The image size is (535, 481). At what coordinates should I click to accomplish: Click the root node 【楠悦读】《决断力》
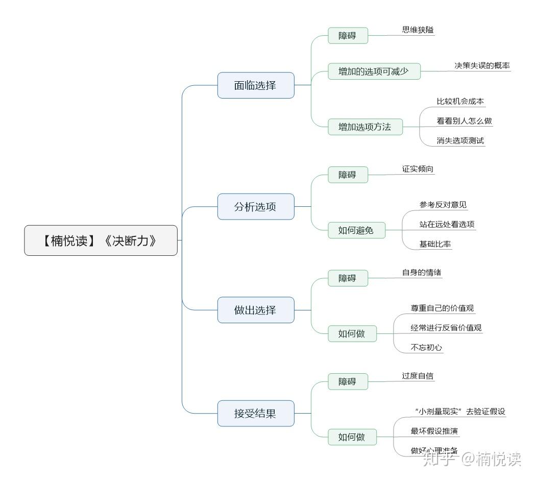click(x=101, y=240)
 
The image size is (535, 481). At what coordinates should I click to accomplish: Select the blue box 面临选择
click(x=256, y=85)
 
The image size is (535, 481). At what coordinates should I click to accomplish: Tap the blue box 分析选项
click(x=256, y=207)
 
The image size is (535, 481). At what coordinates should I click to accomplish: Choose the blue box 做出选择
click(x=256, y=310)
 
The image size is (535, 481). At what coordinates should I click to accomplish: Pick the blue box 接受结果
click(x=256, y=413)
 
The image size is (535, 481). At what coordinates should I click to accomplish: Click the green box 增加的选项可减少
click(x=374, y=71)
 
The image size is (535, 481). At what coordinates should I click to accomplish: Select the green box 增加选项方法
click(x=365, y=127)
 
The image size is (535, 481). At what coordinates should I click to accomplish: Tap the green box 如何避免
click(x=356, y=230)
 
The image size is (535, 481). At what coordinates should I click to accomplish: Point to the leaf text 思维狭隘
click(x=418, y=30)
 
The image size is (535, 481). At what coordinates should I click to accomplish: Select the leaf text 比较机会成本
click(x=460, y=101)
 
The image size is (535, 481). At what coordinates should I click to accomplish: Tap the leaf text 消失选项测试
click(x=460, y=140)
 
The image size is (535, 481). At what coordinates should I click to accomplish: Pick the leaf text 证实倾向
click(x=418, y=169)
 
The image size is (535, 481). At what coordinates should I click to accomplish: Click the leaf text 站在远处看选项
click(x=447, y=224)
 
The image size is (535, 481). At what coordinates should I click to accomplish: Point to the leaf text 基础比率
click(x=435, y=244)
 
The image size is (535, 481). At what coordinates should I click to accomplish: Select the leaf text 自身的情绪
click(x=422, y=272)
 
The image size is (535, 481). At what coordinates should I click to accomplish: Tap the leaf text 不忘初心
click(x=426, y=348)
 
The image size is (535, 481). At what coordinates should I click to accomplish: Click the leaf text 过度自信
click(x=418, y=376)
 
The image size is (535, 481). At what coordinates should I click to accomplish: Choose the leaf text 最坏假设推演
click(x=434, y=431)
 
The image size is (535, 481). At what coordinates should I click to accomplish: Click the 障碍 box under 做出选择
click(x=348, y=278)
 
